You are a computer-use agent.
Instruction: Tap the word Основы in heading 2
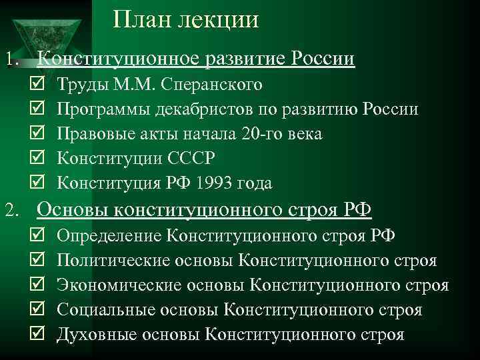pos(71,210)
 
